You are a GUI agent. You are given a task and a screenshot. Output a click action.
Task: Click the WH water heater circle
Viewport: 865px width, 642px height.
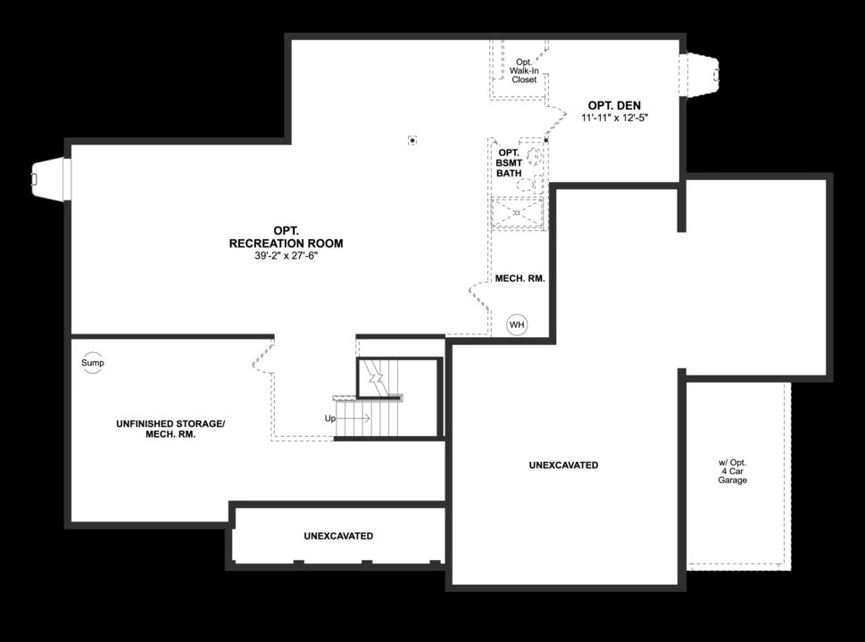coord(517,325)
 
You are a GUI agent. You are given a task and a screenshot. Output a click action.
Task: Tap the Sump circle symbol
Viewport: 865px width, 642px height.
coord(93,363)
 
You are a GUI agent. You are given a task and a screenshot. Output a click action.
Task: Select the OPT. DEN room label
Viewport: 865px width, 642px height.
coord(614,105)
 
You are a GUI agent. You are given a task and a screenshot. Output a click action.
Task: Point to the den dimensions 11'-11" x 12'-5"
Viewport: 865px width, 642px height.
coord(614,118)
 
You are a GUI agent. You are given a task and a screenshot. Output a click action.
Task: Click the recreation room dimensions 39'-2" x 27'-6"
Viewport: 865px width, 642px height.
coord(286,256)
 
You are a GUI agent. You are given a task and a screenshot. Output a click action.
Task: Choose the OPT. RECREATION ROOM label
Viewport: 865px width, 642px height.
coord(286,236)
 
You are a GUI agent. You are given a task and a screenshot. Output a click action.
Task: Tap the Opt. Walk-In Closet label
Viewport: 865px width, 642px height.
coord(524,70)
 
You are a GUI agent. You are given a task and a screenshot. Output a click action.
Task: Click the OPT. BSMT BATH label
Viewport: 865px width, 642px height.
coord(508,162)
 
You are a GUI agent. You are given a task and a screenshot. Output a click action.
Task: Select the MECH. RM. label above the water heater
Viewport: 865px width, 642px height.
coord(520,278)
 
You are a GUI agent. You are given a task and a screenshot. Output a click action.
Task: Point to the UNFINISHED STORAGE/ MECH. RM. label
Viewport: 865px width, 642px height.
coord(171,429)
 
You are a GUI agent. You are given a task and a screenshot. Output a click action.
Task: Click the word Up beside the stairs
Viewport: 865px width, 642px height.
coord(330,417)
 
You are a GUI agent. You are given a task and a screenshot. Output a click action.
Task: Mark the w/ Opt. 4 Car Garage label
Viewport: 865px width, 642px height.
coord(732,472)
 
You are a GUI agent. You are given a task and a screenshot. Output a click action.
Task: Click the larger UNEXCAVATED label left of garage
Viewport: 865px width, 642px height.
coord(563,465)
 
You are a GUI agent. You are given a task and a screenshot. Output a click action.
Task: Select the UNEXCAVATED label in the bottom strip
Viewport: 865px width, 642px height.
coord(338,536)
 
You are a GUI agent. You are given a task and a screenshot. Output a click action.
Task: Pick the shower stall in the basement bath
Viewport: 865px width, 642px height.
coord(519,213)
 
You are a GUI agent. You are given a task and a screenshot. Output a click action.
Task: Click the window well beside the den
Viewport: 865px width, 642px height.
coord(700,74)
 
